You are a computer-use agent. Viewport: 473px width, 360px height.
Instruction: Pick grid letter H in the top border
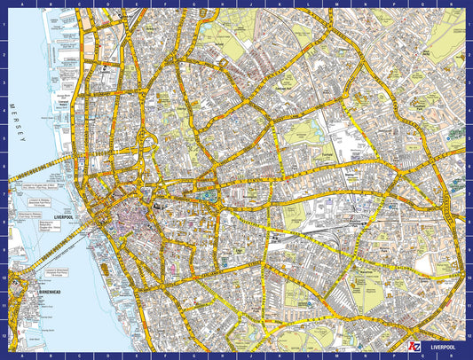pyautogui.click(x=217, y=4)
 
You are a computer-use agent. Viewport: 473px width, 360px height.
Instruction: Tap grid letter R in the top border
pyautogui.click(x=453, y=4)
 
